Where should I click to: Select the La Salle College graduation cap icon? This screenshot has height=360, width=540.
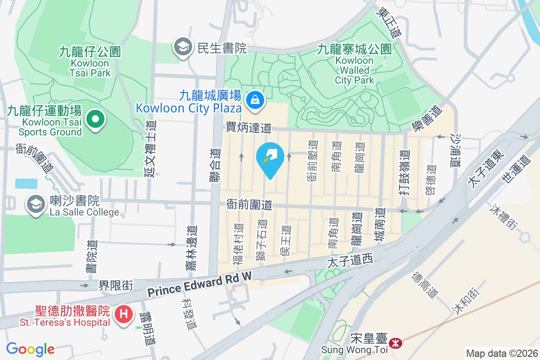pyautogui.click(x=35, y=205)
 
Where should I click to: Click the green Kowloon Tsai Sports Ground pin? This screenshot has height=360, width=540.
pyautogui.click(x=95, y=119)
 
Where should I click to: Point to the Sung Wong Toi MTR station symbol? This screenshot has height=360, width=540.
pyautogui.click(x=396, y=343)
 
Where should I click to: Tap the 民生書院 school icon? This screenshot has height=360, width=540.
pyautogui.click(x=183, y=47)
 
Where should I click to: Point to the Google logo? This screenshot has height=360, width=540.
pyautogui.click(x=30, y=349)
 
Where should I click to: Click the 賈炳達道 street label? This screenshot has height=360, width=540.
pyautogui.click(x=249, y=128)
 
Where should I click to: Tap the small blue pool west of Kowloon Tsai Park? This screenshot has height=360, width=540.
pyautogui.click(x=26, y=183)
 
